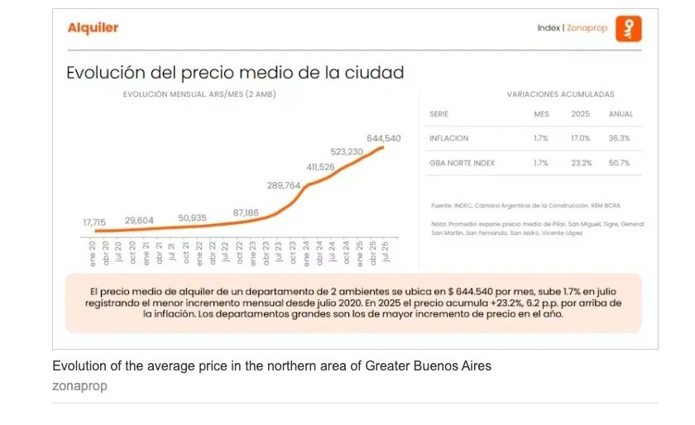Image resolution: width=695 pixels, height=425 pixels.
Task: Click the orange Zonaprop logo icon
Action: click(x=629, y=29)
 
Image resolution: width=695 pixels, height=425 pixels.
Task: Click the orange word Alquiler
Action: click(x=93, y=28)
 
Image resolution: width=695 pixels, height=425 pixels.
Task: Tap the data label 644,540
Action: click(x=383, y=138)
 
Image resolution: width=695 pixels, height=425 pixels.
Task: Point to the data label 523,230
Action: click(x=347, y=152)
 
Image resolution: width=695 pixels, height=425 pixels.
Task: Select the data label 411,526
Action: click(x=320, y=167)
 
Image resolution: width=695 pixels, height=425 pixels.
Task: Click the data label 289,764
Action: click(x=284, y=185)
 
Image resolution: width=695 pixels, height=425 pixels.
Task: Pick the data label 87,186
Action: click(x=246, y=212)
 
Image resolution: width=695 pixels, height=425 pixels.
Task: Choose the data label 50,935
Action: click(x=192, y=217)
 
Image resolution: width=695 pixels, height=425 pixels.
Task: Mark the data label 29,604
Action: click(x=139, y=221)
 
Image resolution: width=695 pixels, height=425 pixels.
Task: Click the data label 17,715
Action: click(x=94, y=222)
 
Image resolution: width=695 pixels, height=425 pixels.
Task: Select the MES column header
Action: click(x=541, y=114)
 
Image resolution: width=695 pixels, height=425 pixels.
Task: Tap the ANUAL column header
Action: click(x=621, y=114)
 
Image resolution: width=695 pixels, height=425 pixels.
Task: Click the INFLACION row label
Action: click(x=449, y=138)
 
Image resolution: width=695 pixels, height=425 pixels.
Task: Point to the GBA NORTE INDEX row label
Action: click(x=462, y=163)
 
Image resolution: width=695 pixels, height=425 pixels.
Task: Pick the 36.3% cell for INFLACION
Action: click(x=620, y=138)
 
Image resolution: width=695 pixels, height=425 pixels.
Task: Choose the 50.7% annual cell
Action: click(x=620, y=163)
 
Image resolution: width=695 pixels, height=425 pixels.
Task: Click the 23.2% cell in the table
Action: click(x=581, y=163)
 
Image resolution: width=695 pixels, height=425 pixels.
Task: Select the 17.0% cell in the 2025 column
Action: click(x=581, y=138)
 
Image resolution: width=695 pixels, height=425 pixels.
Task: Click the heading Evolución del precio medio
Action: click(x=235, y=73)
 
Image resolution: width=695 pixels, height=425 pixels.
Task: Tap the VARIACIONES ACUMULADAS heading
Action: click(x=560, y=94)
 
